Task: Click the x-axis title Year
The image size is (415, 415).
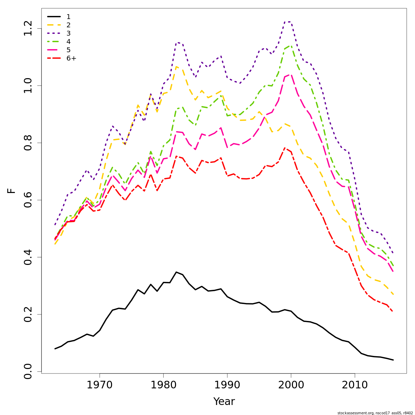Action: coord(224,402)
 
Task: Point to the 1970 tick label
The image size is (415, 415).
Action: coord(100,385)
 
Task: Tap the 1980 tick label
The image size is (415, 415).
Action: coord(163,385)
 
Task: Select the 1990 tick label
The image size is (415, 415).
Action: coord(227,385)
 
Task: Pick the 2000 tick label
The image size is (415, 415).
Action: coord(291,385)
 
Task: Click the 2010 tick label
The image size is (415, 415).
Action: coord(354,385)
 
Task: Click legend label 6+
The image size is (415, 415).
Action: coord(71,58)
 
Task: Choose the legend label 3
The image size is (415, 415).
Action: coord(68,34)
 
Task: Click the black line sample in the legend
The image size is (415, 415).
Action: coord(54,17)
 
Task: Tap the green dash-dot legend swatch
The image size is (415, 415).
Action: coord(54,42)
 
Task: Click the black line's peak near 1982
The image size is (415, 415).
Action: coord(176,272)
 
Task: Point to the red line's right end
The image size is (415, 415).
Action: coord(393,312)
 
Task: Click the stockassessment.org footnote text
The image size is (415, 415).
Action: coord(375,413)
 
